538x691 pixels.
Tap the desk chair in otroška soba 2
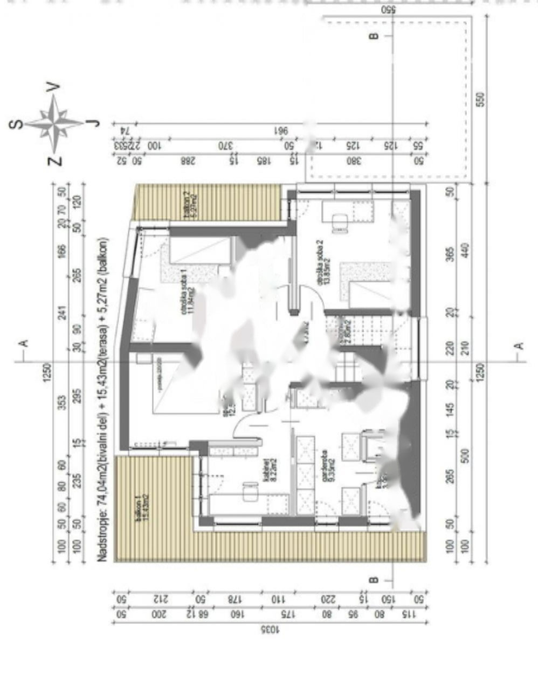pyautogui.click(x=340, y=222)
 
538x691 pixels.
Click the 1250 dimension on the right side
pyautogui.click(x=481, y=371)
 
